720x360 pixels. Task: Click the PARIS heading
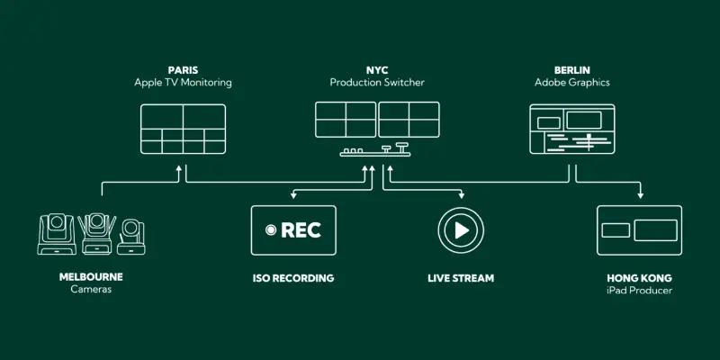pyautogui.click(x=183, y=69)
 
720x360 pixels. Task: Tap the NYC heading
pyautogui.click(x=377, y=69)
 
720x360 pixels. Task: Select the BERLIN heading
pyautogui.click(x=571, y=69)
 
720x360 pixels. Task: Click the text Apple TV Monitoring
pyautogui.click(x=183, y=83)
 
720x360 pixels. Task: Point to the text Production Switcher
pyautogui.click(x=377, y=83)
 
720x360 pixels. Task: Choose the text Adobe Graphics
pyautogui.click(x=571, y=83)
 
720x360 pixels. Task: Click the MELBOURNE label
pyautogui.click(x=91, y=277)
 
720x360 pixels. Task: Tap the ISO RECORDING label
pyautogui.click(x=293, y=278)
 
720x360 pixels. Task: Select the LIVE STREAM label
pyautogui.click(x=461, y=278)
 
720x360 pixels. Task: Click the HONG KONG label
pyautogui.click(x=640, y=278)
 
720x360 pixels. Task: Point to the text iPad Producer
pyautogui.click(x=640, y=291)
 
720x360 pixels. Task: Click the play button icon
pyautogui.click(x=461, y=230)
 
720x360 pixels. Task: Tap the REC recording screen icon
pyautogui.click(x=293, y=230)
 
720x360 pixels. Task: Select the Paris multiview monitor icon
pyautogui.click(x=183, y=128)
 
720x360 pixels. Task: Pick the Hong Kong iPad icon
pyautogui.click(x=639, y=230)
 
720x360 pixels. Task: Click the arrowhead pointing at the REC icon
pyautogui.click(x=293, y=194)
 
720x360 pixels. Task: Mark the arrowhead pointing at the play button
pyautogui.click(x=461, y=194)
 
